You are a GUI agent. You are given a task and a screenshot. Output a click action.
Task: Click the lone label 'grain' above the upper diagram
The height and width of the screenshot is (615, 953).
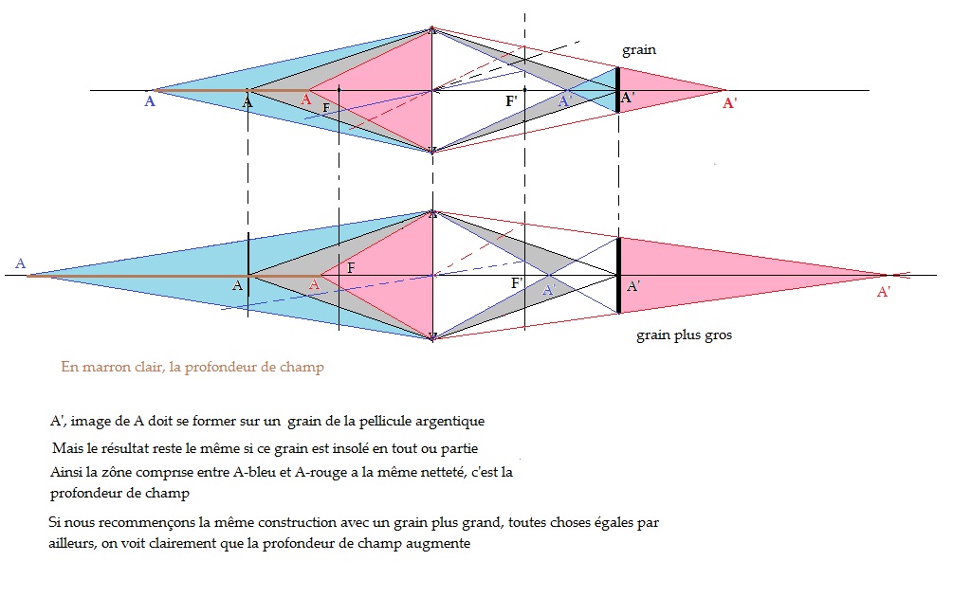(638, 49)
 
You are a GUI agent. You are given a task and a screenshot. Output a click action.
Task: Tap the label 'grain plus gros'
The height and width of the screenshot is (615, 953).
(684, 335)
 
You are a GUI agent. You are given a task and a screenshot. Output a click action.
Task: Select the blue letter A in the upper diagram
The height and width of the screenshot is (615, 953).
(149, 101)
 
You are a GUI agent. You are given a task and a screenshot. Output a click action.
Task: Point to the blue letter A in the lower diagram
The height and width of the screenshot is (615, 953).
(20, 263)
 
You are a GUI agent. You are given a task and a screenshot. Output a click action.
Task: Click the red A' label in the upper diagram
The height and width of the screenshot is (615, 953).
(730, 103)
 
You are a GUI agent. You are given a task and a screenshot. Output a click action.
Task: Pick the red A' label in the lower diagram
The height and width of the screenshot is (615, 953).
(884, 292)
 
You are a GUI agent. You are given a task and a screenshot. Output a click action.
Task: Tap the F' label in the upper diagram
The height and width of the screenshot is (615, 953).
(512, 99)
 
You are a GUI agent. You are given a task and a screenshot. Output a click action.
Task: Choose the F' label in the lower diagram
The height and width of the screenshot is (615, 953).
(517, 283)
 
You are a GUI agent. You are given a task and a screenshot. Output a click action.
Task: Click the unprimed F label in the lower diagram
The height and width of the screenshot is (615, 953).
(351, 268)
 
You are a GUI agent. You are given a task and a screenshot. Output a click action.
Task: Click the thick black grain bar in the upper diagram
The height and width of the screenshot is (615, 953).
(617, 89)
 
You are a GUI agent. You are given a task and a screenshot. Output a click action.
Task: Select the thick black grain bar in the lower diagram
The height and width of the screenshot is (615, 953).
(618, 275)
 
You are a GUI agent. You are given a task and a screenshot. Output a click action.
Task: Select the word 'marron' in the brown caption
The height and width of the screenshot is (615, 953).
(109, 367)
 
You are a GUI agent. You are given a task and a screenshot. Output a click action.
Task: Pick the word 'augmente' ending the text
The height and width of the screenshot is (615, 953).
(441, 544)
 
